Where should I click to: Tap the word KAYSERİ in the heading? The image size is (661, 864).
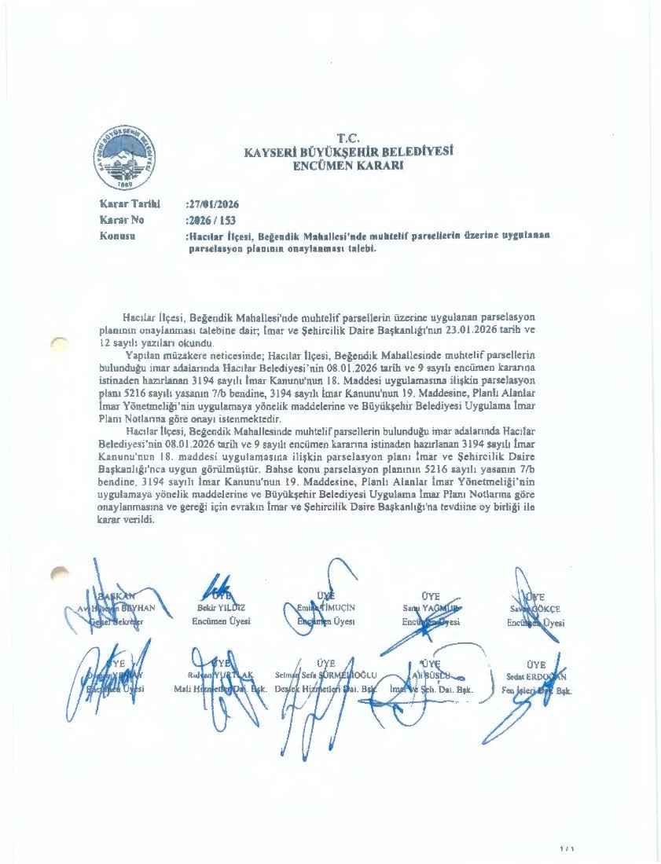coord(272,152)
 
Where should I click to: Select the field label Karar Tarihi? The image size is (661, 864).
coord(125,203)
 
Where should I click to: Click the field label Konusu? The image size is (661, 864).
coord(119,235)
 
